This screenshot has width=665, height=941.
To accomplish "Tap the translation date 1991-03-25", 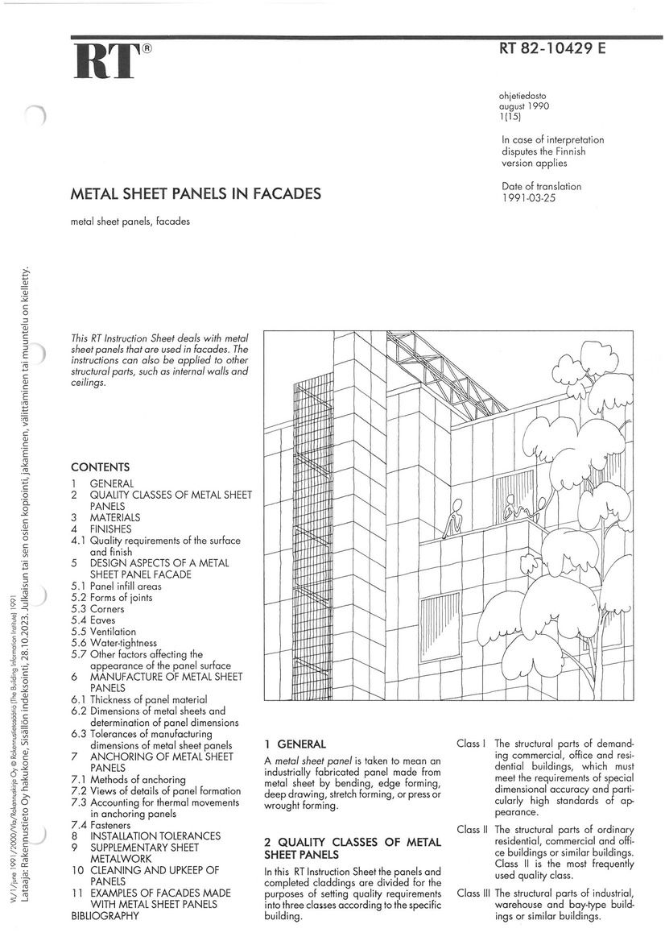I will pos(529,198).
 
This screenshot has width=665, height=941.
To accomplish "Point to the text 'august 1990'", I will pos(523,106).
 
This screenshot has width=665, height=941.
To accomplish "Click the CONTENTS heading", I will pos(101,467).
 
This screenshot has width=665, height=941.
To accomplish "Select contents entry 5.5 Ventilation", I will pos(103,632).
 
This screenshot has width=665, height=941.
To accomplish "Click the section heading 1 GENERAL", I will pos(295,744).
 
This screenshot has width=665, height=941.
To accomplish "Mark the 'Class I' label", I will pos(471,744).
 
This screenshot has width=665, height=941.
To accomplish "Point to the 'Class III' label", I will pos(473,893).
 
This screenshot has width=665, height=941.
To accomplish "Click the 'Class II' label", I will pos(473,830).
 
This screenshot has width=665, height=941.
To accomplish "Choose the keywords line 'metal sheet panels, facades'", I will pos(130,221).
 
